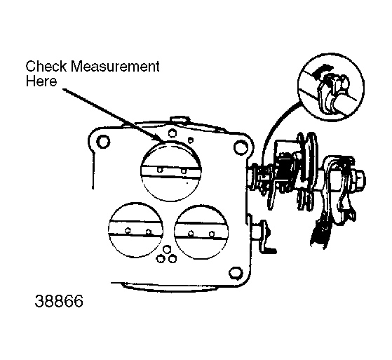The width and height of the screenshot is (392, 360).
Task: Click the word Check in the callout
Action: click(x=46, y=67)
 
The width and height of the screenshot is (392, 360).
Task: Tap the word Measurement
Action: click(x=115, y=67)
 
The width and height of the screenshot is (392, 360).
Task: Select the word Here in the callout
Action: click(x=41, y=81)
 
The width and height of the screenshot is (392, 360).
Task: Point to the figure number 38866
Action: click(x=59, y=301)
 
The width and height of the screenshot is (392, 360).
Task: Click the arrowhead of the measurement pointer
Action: click(x=160, y=139)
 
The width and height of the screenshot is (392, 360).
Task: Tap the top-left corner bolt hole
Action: click(x=103, y=141)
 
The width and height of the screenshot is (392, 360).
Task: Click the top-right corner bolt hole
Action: click(x=241, y=147)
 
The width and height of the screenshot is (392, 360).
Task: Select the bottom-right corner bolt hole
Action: click(x=236, y=273)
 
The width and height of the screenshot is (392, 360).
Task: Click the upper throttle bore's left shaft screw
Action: click(x=160, y=170)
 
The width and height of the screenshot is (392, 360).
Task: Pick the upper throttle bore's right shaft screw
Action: click(x=184, y=171)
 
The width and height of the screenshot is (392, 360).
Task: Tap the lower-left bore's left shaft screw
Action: click(x=128, y=230)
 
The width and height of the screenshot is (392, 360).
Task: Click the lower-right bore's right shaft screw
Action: click(x=212, y=234)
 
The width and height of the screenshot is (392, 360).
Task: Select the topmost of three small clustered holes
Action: click(x=167, y=249)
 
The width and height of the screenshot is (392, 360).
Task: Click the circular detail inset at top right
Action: click(x=331, y=87)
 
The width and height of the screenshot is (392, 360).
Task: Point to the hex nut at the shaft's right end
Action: click(x=358, y=179)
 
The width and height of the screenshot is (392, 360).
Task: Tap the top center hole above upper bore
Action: click(x=172, y=133)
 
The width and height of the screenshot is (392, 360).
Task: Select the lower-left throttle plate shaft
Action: click(x=135, y=229)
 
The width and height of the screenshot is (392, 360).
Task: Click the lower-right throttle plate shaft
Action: click(x=201, y=232)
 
